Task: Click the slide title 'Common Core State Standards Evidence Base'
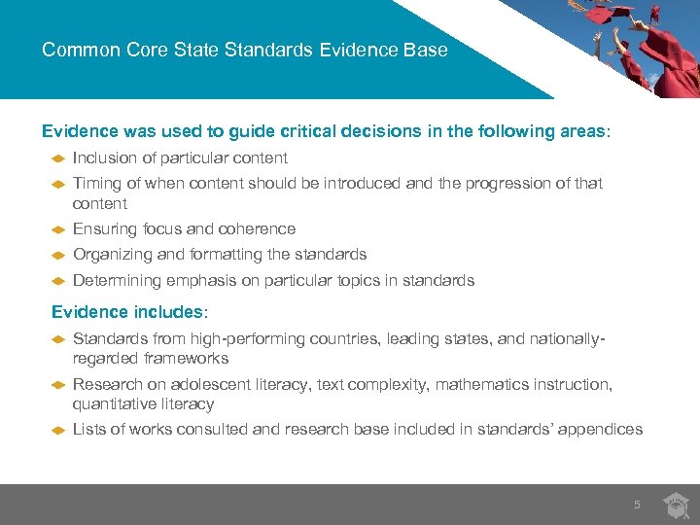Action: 245,50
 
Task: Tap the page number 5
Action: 637,505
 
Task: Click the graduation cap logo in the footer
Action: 676,505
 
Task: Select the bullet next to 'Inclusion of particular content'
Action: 57,157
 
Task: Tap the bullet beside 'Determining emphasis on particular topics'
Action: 57,280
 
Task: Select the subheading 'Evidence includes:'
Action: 129,312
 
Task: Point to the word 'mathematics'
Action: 482,384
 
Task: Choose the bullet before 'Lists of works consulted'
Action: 57,429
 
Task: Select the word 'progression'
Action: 526,183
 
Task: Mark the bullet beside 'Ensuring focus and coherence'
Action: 57,228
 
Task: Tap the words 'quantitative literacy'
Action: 143,403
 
